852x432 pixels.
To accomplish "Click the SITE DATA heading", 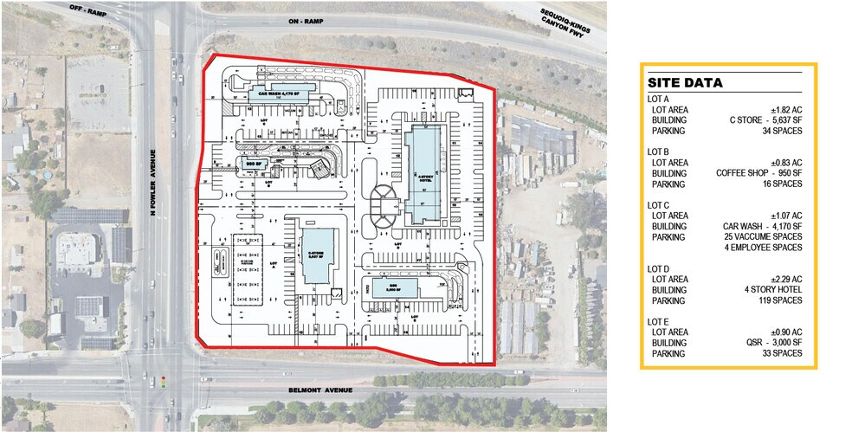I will pyautogui.click(x=685, y=83).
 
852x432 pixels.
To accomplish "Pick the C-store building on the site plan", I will pyautogui.click(x=317, y=256).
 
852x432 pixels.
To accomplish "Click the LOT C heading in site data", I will pyautogui.click(x=659, y=204).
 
